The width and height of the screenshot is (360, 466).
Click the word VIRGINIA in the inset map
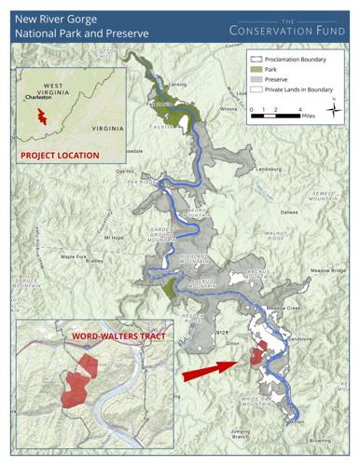tap(104, 127)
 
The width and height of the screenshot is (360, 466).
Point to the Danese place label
tap(289, 212)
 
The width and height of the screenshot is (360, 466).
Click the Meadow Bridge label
tap(325, 270)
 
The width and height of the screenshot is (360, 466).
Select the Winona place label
tap(228, 108)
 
